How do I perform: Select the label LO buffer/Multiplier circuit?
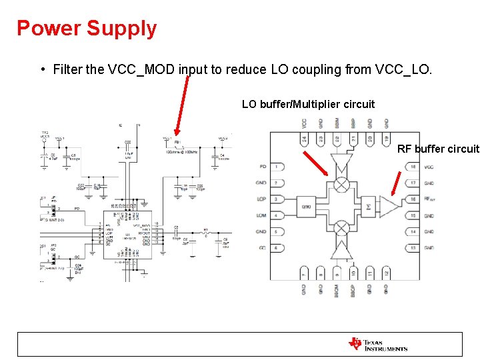pos(308,104)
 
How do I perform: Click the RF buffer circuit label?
pos(438,149)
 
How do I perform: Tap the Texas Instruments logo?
pos(377,344)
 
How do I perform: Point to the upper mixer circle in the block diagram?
pos(341,183)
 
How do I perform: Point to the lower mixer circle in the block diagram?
pos(341,229)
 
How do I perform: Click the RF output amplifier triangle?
pos(389,207)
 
